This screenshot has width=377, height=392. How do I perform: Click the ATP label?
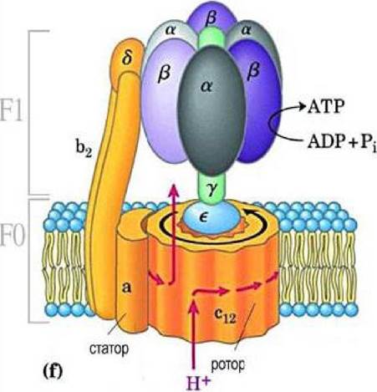click(326, 106)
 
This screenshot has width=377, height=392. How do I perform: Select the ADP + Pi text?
click(342, 143)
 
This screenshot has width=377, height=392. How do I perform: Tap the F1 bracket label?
click(12, 112)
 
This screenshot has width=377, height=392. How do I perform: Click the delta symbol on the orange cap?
click(127, 58)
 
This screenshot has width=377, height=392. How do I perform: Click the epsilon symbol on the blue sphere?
click(203, 218)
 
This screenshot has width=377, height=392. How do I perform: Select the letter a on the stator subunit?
click(126, 288)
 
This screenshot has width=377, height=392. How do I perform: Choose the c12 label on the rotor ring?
click(225, 316)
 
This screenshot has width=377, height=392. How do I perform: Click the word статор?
click(110, 349)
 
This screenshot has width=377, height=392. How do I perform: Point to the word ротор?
click(227, 365)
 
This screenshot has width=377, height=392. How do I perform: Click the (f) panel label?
click(53, 372)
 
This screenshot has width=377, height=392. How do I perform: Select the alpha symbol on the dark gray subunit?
click(206, 87)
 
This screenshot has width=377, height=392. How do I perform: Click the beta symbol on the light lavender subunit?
click(164, 74)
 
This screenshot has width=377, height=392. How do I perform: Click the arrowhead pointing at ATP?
click(302, 107)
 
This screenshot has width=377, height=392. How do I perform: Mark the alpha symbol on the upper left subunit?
click(171, 30)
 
